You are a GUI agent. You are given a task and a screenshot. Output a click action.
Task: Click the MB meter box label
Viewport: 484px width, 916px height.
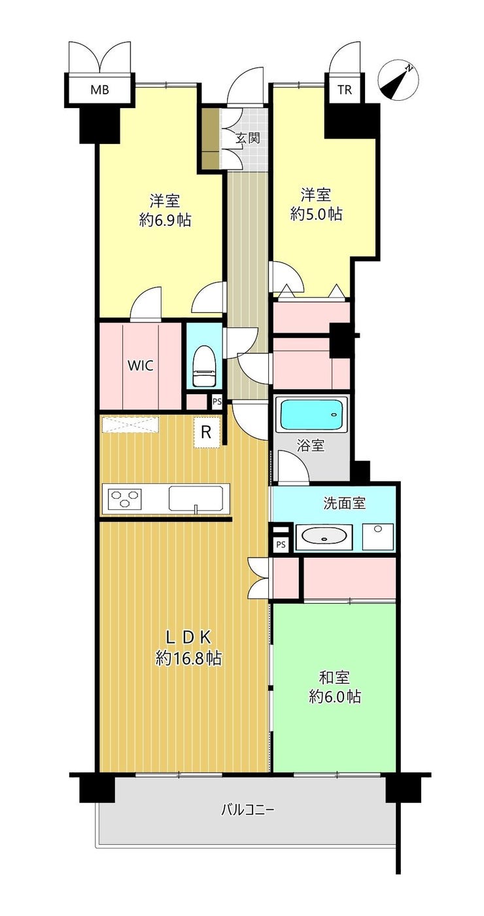tap(99, 90)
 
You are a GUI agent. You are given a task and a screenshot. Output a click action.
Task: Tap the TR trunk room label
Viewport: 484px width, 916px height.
tap(345, 90)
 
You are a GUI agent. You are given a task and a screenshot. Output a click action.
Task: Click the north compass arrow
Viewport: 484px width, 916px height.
tap(396, 81)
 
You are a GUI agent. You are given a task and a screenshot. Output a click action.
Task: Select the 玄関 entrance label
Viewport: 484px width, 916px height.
tap(247, 137)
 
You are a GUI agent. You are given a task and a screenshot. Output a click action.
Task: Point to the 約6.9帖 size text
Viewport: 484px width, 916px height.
tap(165, 221)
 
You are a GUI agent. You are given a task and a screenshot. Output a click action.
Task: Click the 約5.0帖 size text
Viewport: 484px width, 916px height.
tap(316, 213)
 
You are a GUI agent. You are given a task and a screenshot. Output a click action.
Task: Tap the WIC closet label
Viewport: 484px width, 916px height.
tap(141, 365)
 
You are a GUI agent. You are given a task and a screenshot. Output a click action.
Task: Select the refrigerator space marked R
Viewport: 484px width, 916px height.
tap(206, 432)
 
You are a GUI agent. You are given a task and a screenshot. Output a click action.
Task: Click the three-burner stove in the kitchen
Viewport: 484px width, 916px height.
tap(124, 499)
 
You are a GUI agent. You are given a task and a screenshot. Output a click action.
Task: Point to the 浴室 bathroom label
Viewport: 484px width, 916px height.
tap(311, 446)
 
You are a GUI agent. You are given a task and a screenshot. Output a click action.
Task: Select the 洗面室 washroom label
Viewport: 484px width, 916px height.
tap(344, 504)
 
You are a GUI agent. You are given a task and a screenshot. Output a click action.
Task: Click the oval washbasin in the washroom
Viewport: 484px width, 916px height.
tap(324, 536)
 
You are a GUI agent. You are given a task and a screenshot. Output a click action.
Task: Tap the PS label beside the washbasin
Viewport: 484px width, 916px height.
tap(281, 545)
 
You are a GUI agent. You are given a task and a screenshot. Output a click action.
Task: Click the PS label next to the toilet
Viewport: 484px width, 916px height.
tap(217, 401)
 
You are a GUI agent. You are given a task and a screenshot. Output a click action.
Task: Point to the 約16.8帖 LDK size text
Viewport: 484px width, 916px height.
tap(188, 658)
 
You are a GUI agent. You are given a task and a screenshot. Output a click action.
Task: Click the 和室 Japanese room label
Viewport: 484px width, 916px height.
tap(334, 678)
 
